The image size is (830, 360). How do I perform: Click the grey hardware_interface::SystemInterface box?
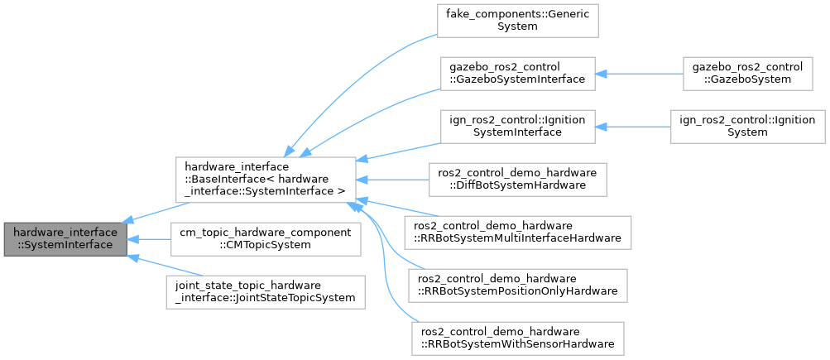click(x=65, y=239)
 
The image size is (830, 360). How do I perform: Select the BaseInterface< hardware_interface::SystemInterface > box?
click(x=265, y=179)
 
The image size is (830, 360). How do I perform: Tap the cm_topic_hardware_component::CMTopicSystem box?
click(x=265, y=239)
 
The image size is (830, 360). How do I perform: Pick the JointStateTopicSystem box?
click(x=265, y=292)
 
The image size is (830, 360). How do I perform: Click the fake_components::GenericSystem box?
click(x=516, y=21)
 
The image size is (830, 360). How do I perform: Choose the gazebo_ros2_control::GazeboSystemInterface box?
click(x=516, y=74)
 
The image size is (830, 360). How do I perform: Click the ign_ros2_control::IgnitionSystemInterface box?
click(x=516, y=126)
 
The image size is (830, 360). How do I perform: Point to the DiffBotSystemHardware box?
click(x=516, y=179)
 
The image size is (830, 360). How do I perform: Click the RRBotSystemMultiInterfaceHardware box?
click(x=516, y=231)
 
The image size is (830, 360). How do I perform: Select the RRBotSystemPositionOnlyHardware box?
click(x=516, y=284)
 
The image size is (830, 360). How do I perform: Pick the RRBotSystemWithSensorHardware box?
click(x=516, y=336)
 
